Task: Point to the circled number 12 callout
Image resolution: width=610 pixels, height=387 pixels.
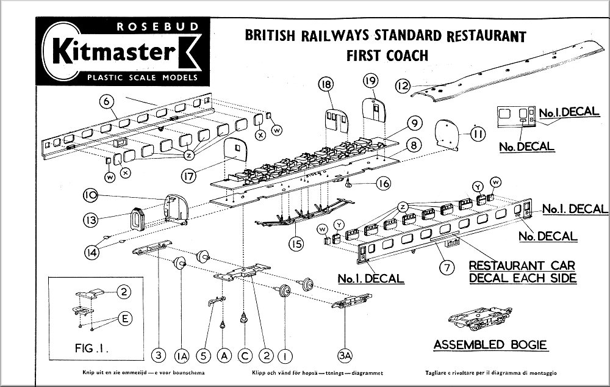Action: (402, 86)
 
